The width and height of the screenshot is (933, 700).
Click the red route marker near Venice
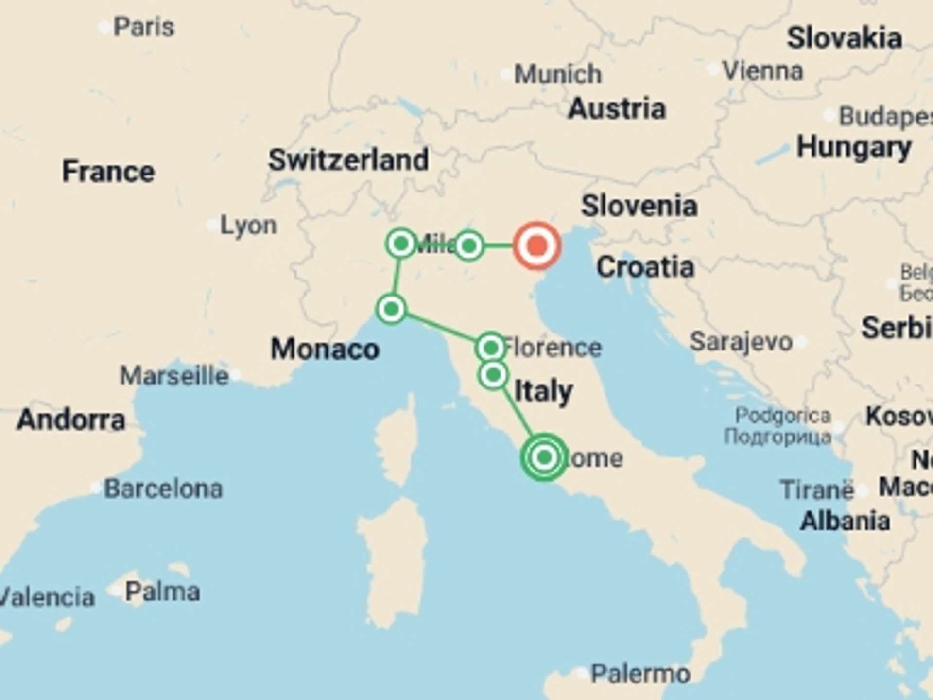click(537, 245)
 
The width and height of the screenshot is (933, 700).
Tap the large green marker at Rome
click(544, 457)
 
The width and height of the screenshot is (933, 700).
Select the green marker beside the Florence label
click(491, 348)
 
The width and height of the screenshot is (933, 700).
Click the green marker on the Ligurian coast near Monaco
click(391, 309)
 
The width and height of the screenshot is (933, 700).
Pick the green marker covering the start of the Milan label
click(401, 243)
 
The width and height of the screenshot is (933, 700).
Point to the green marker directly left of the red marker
click(469, 245)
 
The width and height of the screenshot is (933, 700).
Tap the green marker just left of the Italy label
click(493, 375)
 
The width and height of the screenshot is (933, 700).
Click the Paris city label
click(143, 27)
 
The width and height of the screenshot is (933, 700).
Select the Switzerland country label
click(348, 159)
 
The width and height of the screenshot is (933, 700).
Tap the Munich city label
click(557, 74)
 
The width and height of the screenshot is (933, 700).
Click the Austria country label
click(617, 108)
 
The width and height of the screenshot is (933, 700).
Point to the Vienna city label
click(762, 71)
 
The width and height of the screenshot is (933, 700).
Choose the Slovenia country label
click(639, 206)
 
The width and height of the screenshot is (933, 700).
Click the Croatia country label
click(645, 267)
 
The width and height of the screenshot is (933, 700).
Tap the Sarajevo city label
click(741, 341)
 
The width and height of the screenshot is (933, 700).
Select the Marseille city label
click(174, 376)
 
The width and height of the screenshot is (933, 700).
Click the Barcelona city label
click(163, 489)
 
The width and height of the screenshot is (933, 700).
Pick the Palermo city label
click(640, 674)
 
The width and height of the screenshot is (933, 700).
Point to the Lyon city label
click(248, 225)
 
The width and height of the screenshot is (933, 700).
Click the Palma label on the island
click(162, 592)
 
